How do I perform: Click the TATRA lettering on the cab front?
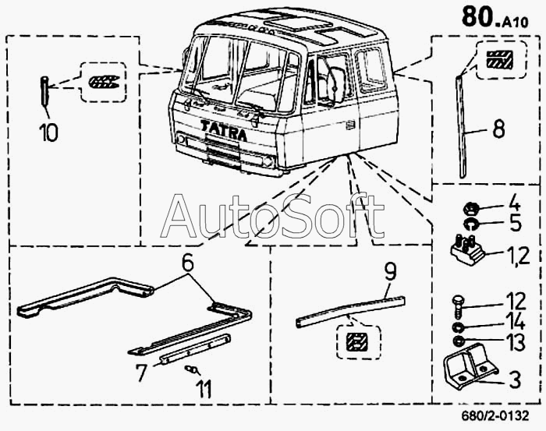tap(224, 129)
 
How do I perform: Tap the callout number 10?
tap(48, 132)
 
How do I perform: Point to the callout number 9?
tap(390, 272)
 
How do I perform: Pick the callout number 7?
tap(140, 373)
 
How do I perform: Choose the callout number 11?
tap(203, 388)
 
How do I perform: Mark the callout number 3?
tap(514, 380)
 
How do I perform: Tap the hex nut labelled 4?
tap(471, 208)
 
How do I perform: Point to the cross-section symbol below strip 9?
tap(356, 341)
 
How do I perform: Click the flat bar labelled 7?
tap(194, 348)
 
